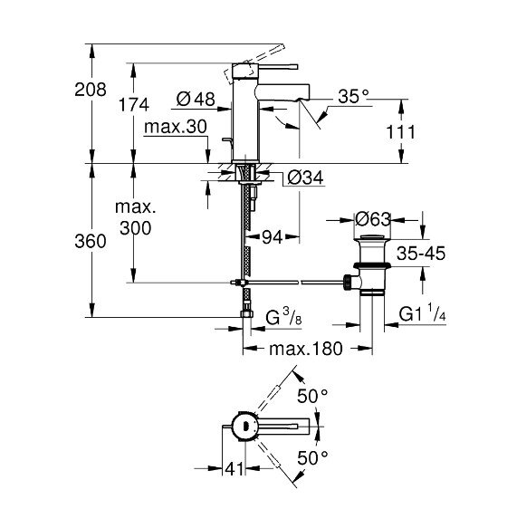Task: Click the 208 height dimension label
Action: click(91, 90)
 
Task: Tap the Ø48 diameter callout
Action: click(196, 97)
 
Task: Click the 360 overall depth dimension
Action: click(91, 242)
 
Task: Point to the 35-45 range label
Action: click(421, 254)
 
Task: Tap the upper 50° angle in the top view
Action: click(311, 396)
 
